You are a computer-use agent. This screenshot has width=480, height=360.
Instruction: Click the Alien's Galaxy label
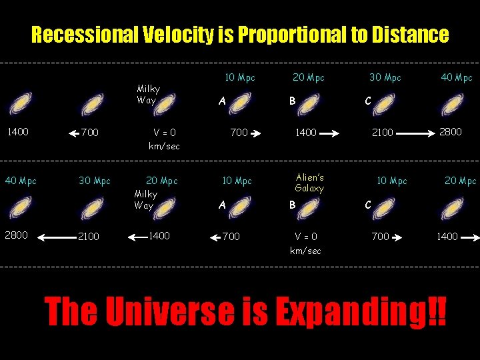[309, 183]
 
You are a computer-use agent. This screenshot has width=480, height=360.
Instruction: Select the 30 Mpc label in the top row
[385, 77]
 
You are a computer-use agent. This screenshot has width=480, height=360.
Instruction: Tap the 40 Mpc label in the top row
[456, 77]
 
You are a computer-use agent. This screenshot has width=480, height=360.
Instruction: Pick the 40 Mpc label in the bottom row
[21, 181]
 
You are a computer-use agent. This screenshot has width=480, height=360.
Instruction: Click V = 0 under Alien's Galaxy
[305, 237]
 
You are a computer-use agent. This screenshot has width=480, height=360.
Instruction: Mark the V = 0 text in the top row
[164, 133]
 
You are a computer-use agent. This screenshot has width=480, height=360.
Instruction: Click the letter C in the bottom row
[367, 205]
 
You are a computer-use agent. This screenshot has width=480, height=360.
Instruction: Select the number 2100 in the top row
[383, 133]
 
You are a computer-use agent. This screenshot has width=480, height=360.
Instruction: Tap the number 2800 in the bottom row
[16, 235]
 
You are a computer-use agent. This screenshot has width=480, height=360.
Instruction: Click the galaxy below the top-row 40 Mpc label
[455, 104]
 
